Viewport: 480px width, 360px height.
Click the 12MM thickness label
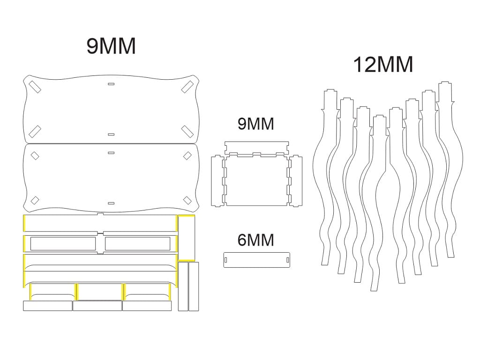(x=383, y=65)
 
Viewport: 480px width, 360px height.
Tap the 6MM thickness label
(x=255, y=240)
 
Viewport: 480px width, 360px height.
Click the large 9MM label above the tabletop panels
(x=111, y=46)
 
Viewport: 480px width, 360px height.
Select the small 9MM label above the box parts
(x=255, y=124)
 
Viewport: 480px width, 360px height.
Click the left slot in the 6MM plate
(x=226, y=260)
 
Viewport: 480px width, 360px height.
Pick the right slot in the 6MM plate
(x=287, y=260)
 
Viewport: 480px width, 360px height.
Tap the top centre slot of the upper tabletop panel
(x=111, y=83)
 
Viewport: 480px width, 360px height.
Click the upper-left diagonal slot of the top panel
(x=35, y=87)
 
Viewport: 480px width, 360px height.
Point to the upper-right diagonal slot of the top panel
(x=187, y=87)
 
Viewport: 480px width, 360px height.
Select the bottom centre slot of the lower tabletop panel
(x=111, y=203)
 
